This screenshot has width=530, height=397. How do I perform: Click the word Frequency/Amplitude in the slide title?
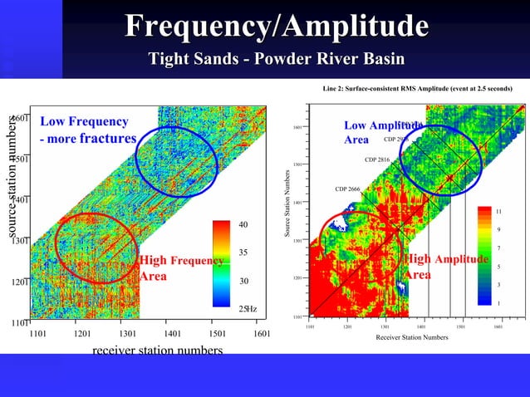277,27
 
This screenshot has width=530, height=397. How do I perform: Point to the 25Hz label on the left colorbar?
248,309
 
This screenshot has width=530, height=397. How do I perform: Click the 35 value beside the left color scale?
244,252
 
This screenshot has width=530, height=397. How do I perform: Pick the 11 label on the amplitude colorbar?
498,211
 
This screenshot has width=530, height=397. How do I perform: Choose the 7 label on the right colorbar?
498,248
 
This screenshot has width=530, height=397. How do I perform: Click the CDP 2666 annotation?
347,189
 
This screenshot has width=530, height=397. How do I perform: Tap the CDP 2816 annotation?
377,159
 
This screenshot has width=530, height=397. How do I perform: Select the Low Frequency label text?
85,122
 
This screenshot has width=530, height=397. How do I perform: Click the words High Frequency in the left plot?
182,262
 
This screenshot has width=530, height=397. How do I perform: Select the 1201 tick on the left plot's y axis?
20,282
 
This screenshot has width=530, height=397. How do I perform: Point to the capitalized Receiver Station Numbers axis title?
411,338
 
